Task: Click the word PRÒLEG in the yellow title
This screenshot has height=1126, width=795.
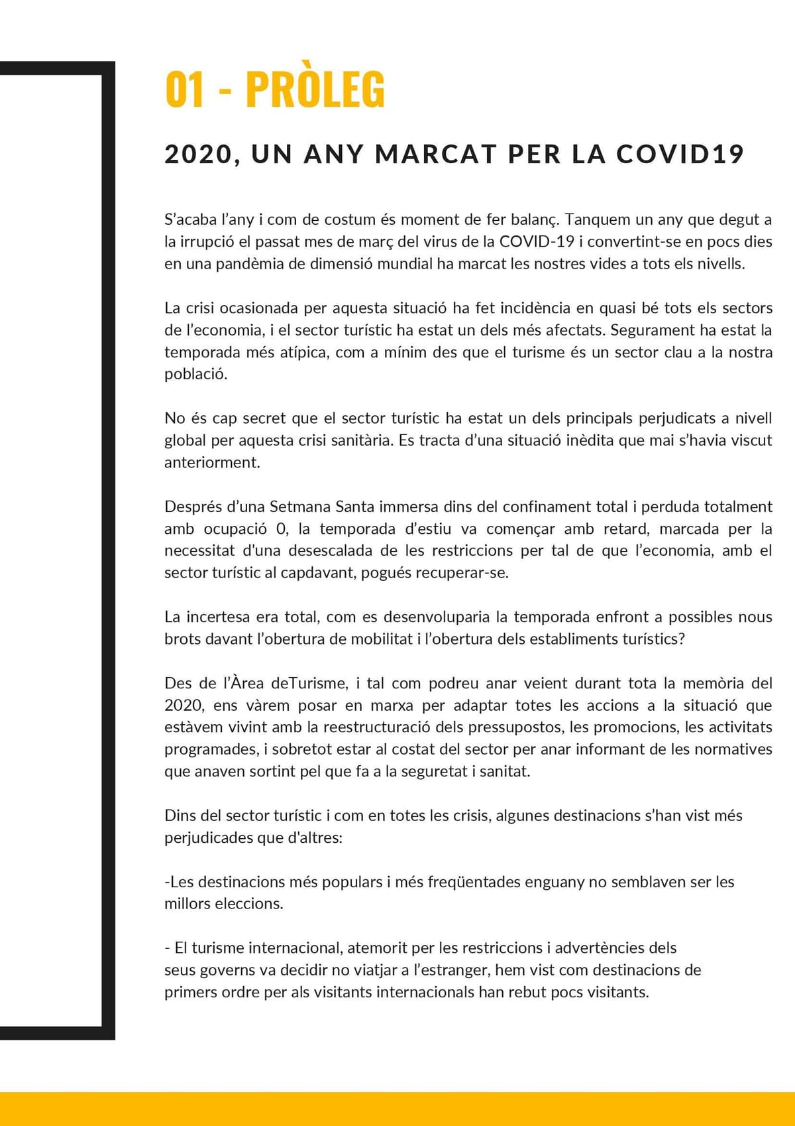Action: pyautogui.click(x=315, y=90)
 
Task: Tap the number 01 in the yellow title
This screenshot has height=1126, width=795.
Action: pyautogui.click(x=184, y=90)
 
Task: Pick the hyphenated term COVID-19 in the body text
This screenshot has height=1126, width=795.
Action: pyautogui.click(x=536, y=241)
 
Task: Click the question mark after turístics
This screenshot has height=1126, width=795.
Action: pyautogui.click(x=682, y=639)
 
